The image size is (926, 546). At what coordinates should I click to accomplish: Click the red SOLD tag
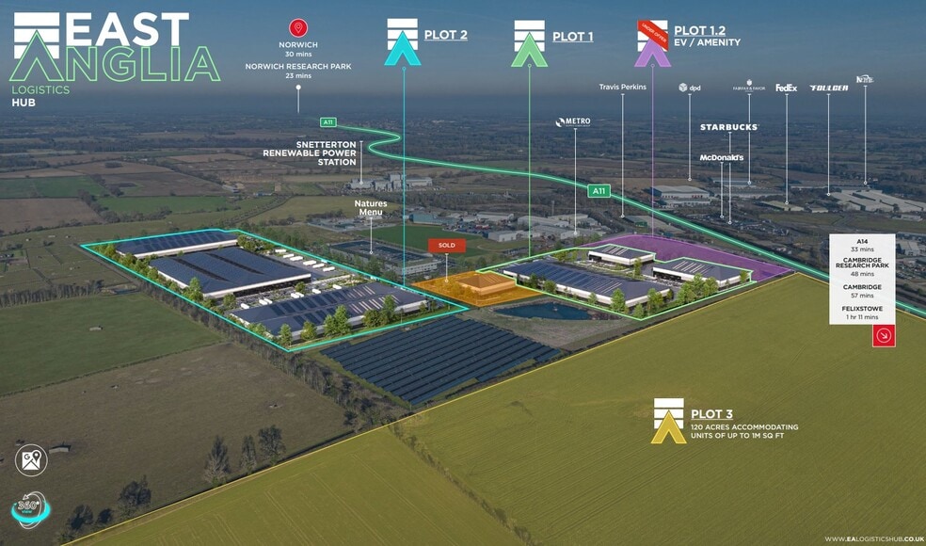point(446,245)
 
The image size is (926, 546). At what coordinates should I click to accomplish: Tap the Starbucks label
point(728,127)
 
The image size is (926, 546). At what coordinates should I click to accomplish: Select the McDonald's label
point(722,158)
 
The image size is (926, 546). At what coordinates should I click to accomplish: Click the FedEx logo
point(786,88)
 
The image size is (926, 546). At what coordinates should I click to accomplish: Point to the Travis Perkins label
point(622,88)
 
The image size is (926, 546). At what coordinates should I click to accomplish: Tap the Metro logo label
point(574,121)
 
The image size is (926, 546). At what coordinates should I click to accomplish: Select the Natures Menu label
point(371,207)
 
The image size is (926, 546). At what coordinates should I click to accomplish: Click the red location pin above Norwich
point(298,28)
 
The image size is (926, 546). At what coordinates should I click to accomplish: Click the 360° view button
point(30,508)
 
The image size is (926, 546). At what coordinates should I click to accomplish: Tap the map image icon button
point(31,460)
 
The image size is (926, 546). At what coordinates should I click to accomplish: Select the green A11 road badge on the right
point(599,191)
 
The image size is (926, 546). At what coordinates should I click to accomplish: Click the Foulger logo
point(828,88)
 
